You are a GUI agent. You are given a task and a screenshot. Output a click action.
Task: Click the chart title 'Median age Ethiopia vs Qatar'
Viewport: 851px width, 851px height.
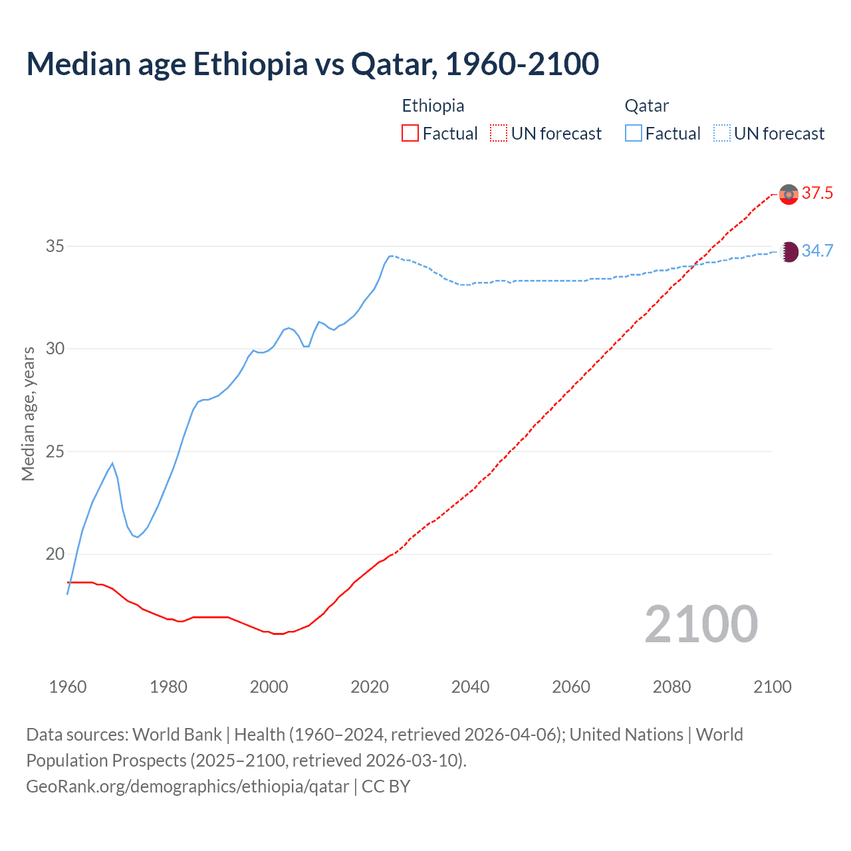(x=312, y=64)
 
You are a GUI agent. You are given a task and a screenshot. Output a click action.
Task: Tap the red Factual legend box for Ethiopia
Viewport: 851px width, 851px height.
(x=410, y=133)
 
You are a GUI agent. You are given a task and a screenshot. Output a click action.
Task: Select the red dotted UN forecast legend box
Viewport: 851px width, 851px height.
(x=499, y=133)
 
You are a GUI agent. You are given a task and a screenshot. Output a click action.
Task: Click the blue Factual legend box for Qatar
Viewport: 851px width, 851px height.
(x=634, y=133)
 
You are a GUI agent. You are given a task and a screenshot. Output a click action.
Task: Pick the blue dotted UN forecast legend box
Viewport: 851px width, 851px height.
(x=722, y=133)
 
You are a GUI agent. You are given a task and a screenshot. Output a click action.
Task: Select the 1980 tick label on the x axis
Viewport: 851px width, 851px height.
(x=168, y=687)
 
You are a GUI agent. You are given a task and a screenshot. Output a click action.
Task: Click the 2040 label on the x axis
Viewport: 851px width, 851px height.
(x=470, y=687)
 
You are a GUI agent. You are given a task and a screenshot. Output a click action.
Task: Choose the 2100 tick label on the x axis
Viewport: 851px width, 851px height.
(x=772, y=687)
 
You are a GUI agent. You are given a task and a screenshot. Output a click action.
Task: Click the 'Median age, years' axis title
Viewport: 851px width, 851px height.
(x=28, y=414)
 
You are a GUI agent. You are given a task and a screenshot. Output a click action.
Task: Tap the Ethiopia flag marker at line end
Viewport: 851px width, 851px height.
(x=789, y=194)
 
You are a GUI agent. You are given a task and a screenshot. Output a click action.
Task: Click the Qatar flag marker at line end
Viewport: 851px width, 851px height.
(x=789, y=251)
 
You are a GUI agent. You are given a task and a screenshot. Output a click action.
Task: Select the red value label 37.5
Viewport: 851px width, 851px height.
(x=817, y=193)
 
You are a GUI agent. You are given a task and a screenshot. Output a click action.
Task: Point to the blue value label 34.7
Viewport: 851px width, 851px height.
(x=817, y=251)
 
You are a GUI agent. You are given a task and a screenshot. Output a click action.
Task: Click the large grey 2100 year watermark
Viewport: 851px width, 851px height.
(x=701, y=624)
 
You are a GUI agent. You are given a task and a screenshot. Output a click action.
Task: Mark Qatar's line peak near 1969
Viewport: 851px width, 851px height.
(x=112, y=463)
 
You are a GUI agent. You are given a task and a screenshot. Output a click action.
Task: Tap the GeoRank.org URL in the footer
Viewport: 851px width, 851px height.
(x=187, y=787)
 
